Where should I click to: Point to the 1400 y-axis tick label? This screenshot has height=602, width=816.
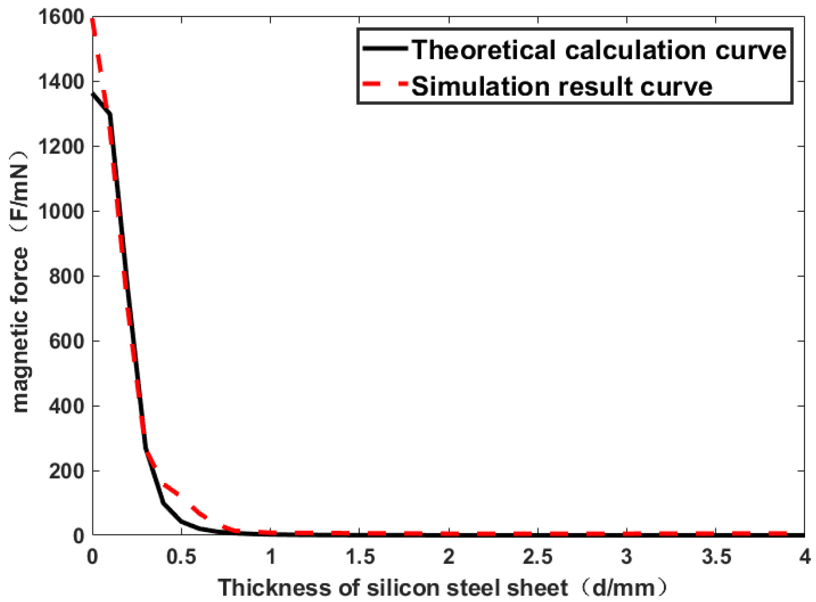tap(61, 82)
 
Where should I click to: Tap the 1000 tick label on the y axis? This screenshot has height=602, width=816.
tap(61, 211)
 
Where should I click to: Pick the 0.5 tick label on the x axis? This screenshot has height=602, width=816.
tap(181, 557)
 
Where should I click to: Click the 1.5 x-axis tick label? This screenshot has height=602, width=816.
tap(359, 557)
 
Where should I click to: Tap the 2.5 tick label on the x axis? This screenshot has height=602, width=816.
tap(537, 557)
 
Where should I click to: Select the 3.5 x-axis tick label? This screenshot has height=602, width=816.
tap(716, 557)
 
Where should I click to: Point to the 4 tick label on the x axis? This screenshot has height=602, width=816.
tap(805, 557)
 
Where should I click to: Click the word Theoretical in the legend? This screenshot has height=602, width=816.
tap(484, 50)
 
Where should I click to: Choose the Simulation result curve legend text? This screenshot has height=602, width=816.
tap(562, 86)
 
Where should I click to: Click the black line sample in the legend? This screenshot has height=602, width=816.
tap(385, 48)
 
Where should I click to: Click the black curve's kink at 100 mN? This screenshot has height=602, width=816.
tap(163, 503)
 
